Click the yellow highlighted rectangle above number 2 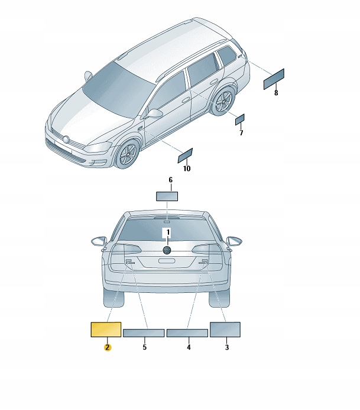click(x=105, y=329)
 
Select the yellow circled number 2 click(x=107, y=347)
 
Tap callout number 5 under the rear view click(x=144, y=347)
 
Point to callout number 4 click(x=189, y=347)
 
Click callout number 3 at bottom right click(x=226, y=347)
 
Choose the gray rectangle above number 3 click(x=225, y=330)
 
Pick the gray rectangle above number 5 click(x=144, y=333)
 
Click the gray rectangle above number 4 click(x=187, y=333)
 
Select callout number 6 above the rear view click(x=170, y=180)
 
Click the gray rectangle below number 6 click(x=167, y=196)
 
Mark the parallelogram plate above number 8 click(x=274, y=79)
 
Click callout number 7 click(x=241, y=133)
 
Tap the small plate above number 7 click(x=239, y=120)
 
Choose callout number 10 click(x=186, y=169)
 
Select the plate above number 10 click(x=186, y=155)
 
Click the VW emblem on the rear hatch click(x=167, y=250)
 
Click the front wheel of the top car click(x=125, y=156)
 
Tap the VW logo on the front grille click(x=67, y=140)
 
